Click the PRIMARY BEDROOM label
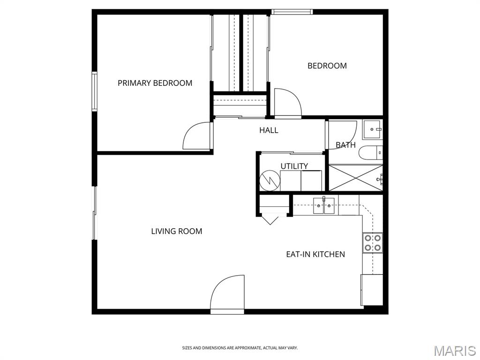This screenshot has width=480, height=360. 155,83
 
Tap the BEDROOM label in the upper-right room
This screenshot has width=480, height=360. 327,66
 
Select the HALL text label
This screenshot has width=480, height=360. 269,130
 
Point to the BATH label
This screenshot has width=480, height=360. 345,145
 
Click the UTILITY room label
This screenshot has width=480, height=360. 294,166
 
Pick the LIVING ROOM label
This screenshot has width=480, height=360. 176,231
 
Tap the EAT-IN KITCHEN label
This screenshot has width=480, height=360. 315,255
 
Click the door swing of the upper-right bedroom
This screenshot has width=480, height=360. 286,103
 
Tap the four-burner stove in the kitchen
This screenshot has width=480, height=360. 372,243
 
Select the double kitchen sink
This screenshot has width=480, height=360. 324,205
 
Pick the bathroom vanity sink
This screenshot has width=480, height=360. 373,129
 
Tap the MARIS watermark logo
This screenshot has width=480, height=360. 455,351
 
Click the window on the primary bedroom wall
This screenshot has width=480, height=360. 94,91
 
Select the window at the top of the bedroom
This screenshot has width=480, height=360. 292,12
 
